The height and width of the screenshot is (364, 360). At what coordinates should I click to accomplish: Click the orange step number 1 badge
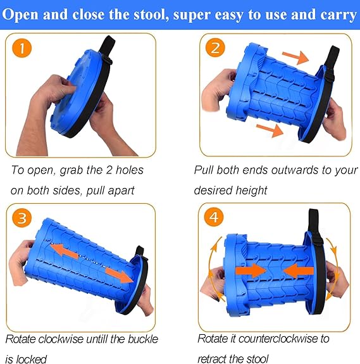click(22, 48)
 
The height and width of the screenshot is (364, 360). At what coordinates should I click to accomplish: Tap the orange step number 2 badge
click(215, 47)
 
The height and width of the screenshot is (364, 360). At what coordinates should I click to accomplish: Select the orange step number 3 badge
click(22, 218)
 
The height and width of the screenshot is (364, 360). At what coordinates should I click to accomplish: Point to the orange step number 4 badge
click(214, 217)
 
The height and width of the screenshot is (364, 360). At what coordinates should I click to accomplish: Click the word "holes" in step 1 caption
click(130, 170)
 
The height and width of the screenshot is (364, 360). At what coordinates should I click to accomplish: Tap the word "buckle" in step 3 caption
click(143, 339)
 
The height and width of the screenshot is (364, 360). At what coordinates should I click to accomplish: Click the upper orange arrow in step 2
click(295, 57)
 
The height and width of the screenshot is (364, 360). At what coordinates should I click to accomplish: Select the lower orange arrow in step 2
click(270, 130)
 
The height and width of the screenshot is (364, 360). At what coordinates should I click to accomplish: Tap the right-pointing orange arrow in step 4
click(251, 271)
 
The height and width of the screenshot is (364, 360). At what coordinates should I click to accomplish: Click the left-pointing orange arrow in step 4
click(299, 271)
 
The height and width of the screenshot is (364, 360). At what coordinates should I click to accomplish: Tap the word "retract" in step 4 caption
click(212, 359)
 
